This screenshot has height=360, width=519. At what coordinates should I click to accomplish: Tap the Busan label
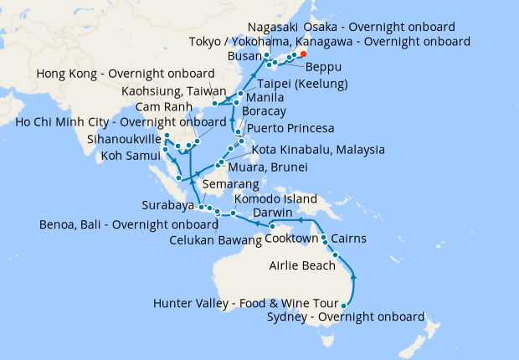pyautogui.click(x=244, y=56)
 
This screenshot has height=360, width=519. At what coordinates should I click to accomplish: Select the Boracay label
pyautogui.click(x=264, y=111)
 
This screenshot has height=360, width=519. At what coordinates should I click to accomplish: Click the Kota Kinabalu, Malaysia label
pyautogui.click(x=318, y=150)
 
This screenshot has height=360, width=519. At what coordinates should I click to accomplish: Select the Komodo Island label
pyautogui.click(x=275, y=199)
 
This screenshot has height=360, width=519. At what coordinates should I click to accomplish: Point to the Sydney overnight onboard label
pyautogui.click(x=345, y=316)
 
